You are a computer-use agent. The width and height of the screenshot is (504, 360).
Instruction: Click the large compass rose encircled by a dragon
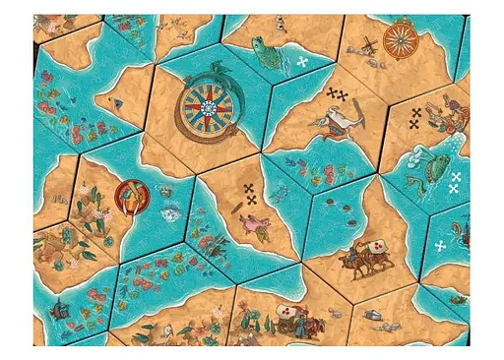pyautogui.click(x=213, y=104)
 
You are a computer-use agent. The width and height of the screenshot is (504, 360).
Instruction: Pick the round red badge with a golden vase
pyautogui.click(x=130, y=196)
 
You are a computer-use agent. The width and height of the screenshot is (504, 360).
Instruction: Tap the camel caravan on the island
pyautogui.click(x=356, y=259)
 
